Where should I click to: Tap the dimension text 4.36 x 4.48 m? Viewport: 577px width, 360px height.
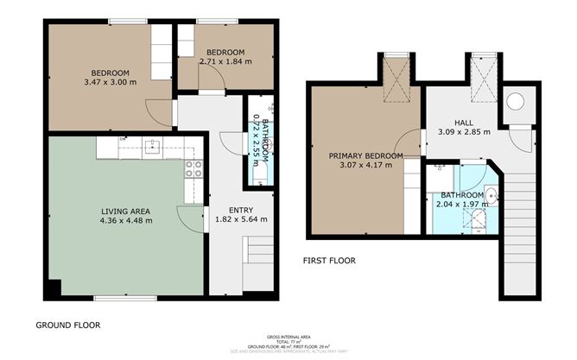[127, 221]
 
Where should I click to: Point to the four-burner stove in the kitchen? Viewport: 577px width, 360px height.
[192, 169]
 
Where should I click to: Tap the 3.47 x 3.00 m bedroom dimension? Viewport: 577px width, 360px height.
[110, 82]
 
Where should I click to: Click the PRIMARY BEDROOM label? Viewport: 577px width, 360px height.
[365, 155]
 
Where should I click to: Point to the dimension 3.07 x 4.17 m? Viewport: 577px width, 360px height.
[365, 165]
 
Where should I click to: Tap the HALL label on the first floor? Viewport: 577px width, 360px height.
[464, 123]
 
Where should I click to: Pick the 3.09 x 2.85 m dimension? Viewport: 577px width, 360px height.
[464, 132]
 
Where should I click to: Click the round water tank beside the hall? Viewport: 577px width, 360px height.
[516, 102]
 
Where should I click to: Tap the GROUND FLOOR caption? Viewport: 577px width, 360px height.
[67, 325]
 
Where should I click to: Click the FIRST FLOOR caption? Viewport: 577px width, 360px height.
[328, 260]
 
